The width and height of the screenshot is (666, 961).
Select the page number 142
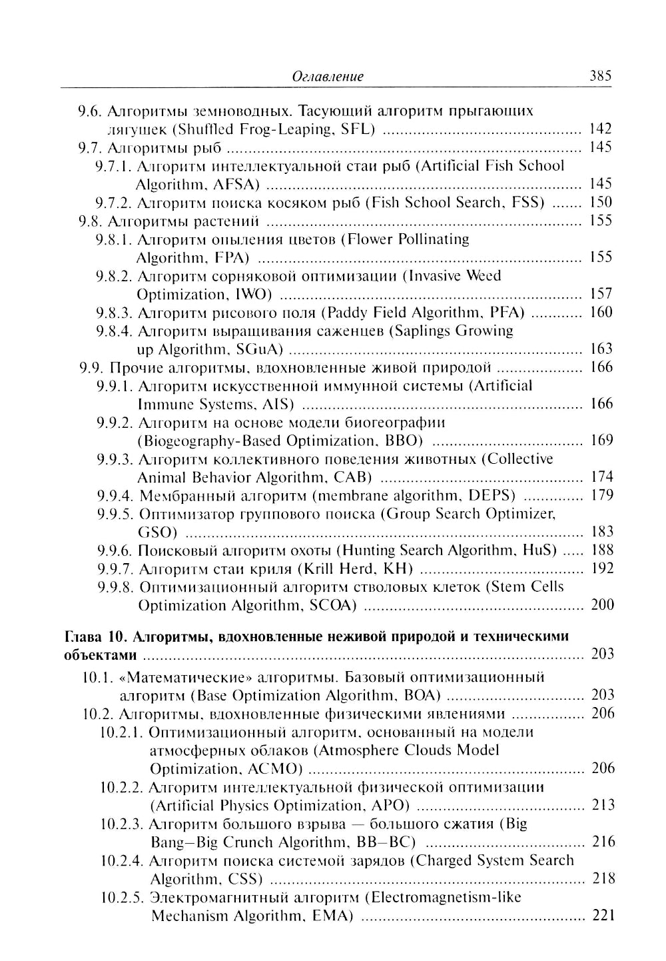click(600, 129)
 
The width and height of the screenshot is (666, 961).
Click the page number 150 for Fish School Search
click(601, 203)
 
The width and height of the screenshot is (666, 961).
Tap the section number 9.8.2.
click(115, 276)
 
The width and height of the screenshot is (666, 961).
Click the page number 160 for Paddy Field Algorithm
click(601, 313)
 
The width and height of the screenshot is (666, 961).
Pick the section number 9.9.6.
click(115, 550)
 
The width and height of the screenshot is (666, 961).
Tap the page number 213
click(603, 805)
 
